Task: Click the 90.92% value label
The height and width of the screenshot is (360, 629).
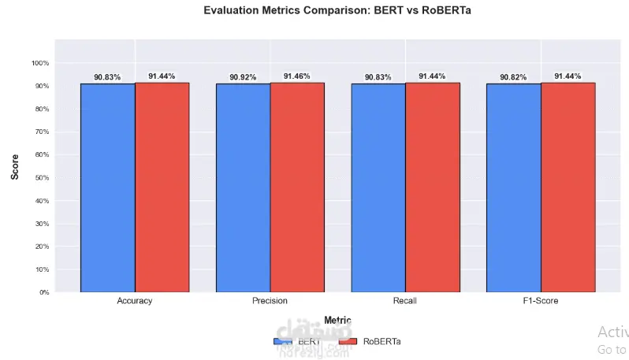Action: coord(243,77)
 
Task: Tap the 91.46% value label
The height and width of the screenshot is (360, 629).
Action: coord(297,76)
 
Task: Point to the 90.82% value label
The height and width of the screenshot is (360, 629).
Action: coord(513,77)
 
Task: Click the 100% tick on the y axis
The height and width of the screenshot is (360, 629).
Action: coord(40,63)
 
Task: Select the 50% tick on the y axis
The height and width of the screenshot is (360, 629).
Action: coord(42,178)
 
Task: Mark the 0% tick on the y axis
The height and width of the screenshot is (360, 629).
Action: coord(43,292)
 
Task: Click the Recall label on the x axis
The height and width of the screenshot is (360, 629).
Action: coord(405,301)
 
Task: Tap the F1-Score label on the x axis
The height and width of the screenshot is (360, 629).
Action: coord(541,301)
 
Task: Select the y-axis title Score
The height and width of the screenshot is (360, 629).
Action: coord(15,166)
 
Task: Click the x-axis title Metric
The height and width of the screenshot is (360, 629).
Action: coord(337,321)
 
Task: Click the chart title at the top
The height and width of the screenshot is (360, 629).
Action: coord(337,10)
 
